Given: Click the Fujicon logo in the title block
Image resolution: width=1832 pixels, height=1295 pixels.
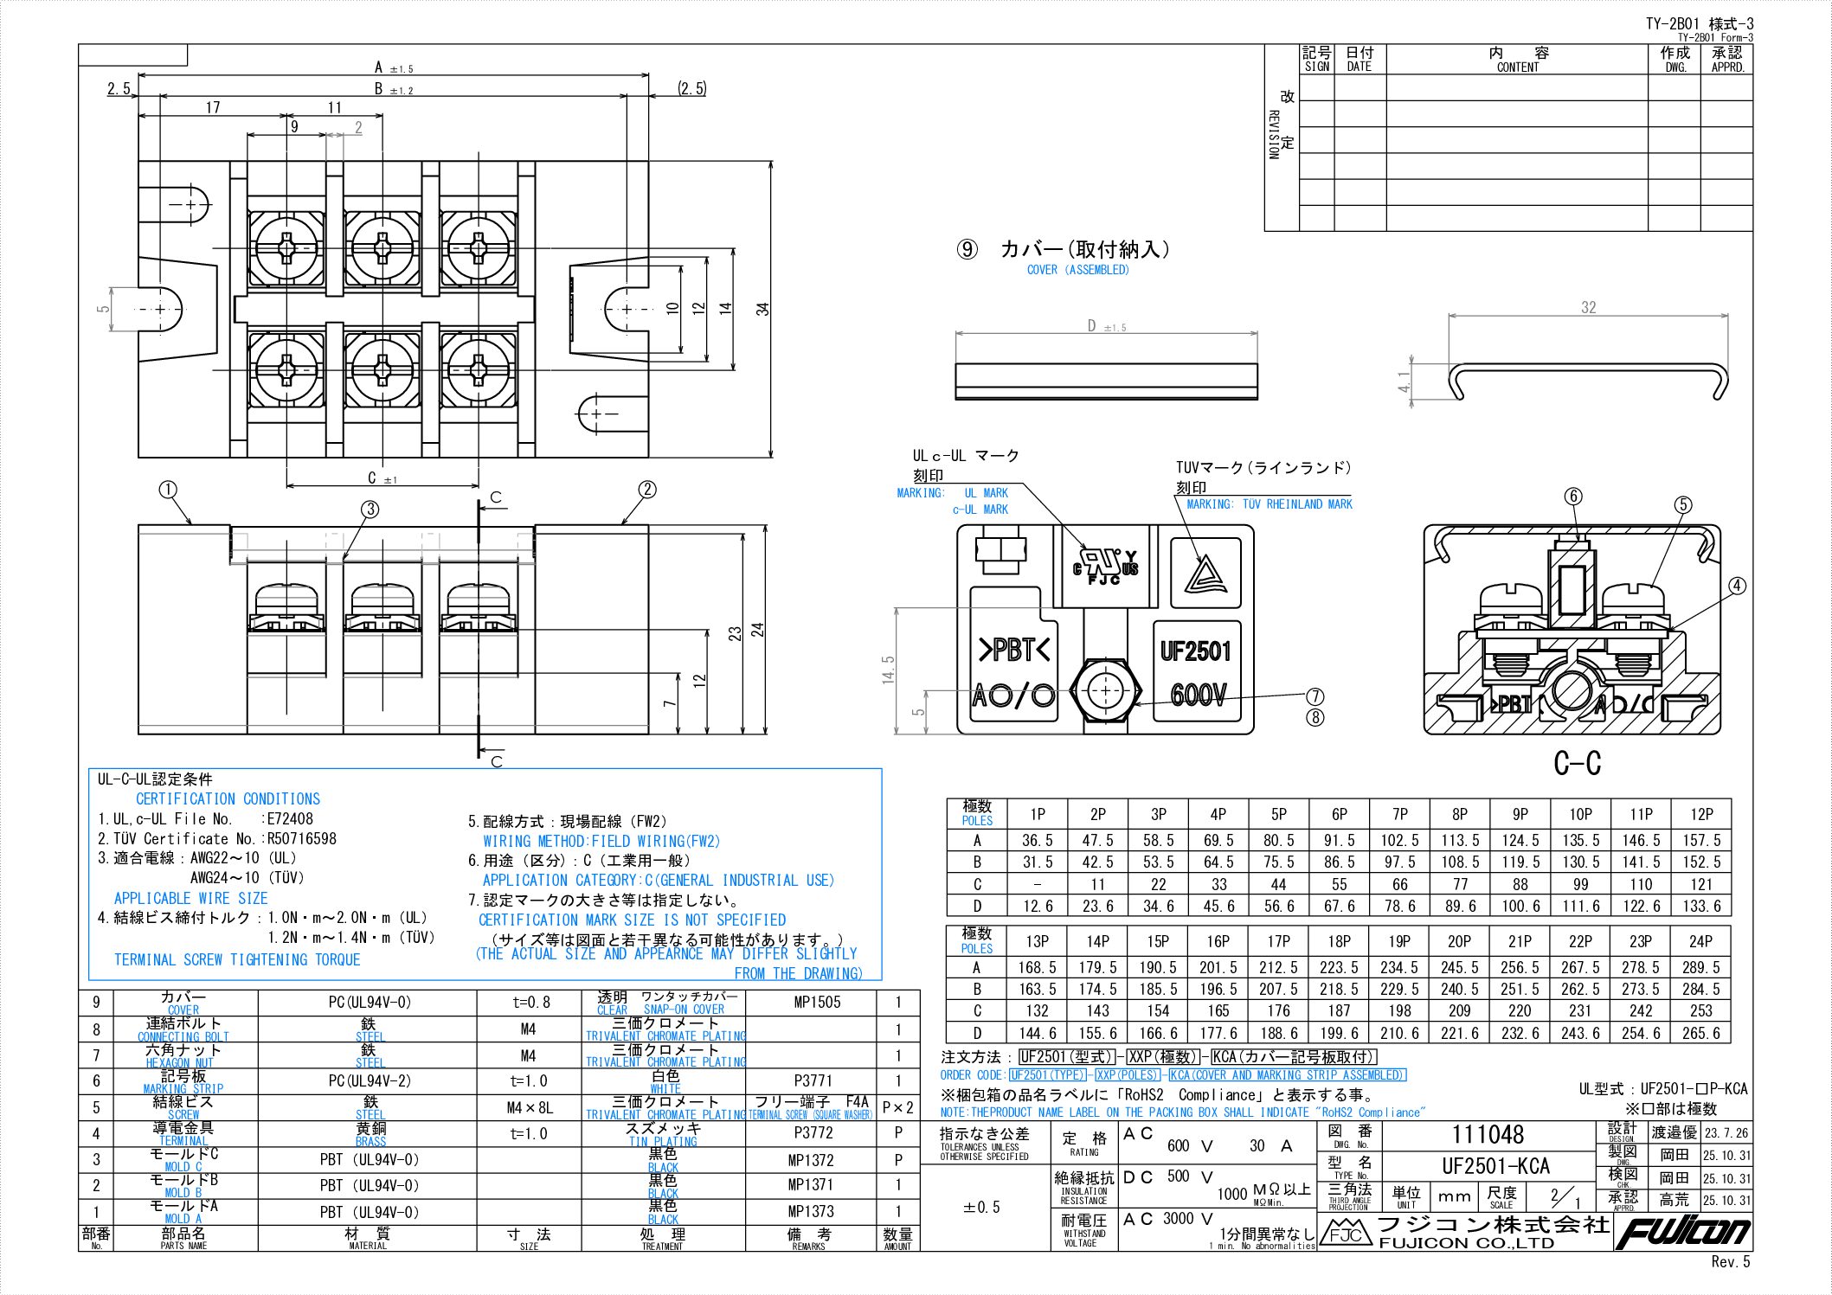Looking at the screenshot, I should [x=1681, y=1232].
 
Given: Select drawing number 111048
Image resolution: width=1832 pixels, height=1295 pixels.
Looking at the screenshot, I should [x=1488, y=1135].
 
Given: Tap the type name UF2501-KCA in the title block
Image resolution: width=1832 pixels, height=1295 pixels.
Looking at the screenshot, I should [x=1495, y=1165].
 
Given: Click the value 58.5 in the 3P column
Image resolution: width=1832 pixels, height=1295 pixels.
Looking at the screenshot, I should [x=1158, y=840].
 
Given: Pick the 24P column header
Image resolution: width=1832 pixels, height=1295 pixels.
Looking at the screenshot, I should [x=1700, y=941].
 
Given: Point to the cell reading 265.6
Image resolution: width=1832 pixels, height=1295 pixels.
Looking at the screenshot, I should [x=1700, y=1033].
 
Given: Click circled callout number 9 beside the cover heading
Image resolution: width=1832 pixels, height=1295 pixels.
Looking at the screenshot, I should [x=967, y=250].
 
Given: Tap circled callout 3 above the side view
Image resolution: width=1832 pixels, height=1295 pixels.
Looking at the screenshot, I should [x=370, y=509].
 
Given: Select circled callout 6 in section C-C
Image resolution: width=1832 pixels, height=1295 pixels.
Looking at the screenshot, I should [x=1573, y=496].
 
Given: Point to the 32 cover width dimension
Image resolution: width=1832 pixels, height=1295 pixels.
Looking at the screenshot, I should [x=1588, y=307].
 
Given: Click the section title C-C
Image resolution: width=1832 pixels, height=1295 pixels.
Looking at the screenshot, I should [x=1577, y=763].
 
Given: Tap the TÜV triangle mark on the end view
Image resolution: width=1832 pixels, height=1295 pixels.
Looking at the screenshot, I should [x=1205, y=574].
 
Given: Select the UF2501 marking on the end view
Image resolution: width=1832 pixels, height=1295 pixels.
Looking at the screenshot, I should [x=1195, y=651].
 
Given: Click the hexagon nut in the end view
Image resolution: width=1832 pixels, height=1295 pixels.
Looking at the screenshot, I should [x=1106, y=690].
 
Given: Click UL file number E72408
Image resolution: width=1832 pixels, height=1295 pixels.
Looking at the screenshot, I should [x=290, y=818].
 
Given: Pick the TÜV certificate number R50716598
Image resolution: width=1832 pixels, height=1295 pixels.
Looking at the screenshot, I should [x=301, y=838].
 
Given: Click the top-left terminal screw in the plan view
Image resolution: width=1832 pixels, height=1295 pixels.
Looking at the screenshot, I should [x=286, y=249].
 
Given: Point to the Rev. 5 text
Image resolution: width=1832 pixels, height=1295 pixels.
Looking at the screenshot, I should [x=1730, y=1261].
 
